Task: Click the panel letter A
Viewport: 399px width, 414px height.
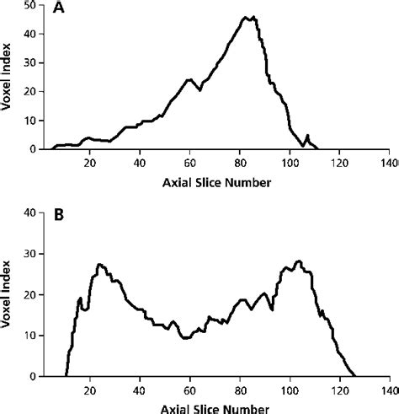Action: tap(58, 9)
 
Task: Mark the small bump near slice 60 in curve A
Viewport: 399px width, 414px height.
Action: tap(189, 80)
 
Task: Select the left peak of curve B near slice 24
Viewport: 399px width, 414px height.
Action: tap(100, 265)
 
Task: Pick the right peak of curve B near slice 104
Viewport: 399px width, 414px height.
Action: tap(298, 261)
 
